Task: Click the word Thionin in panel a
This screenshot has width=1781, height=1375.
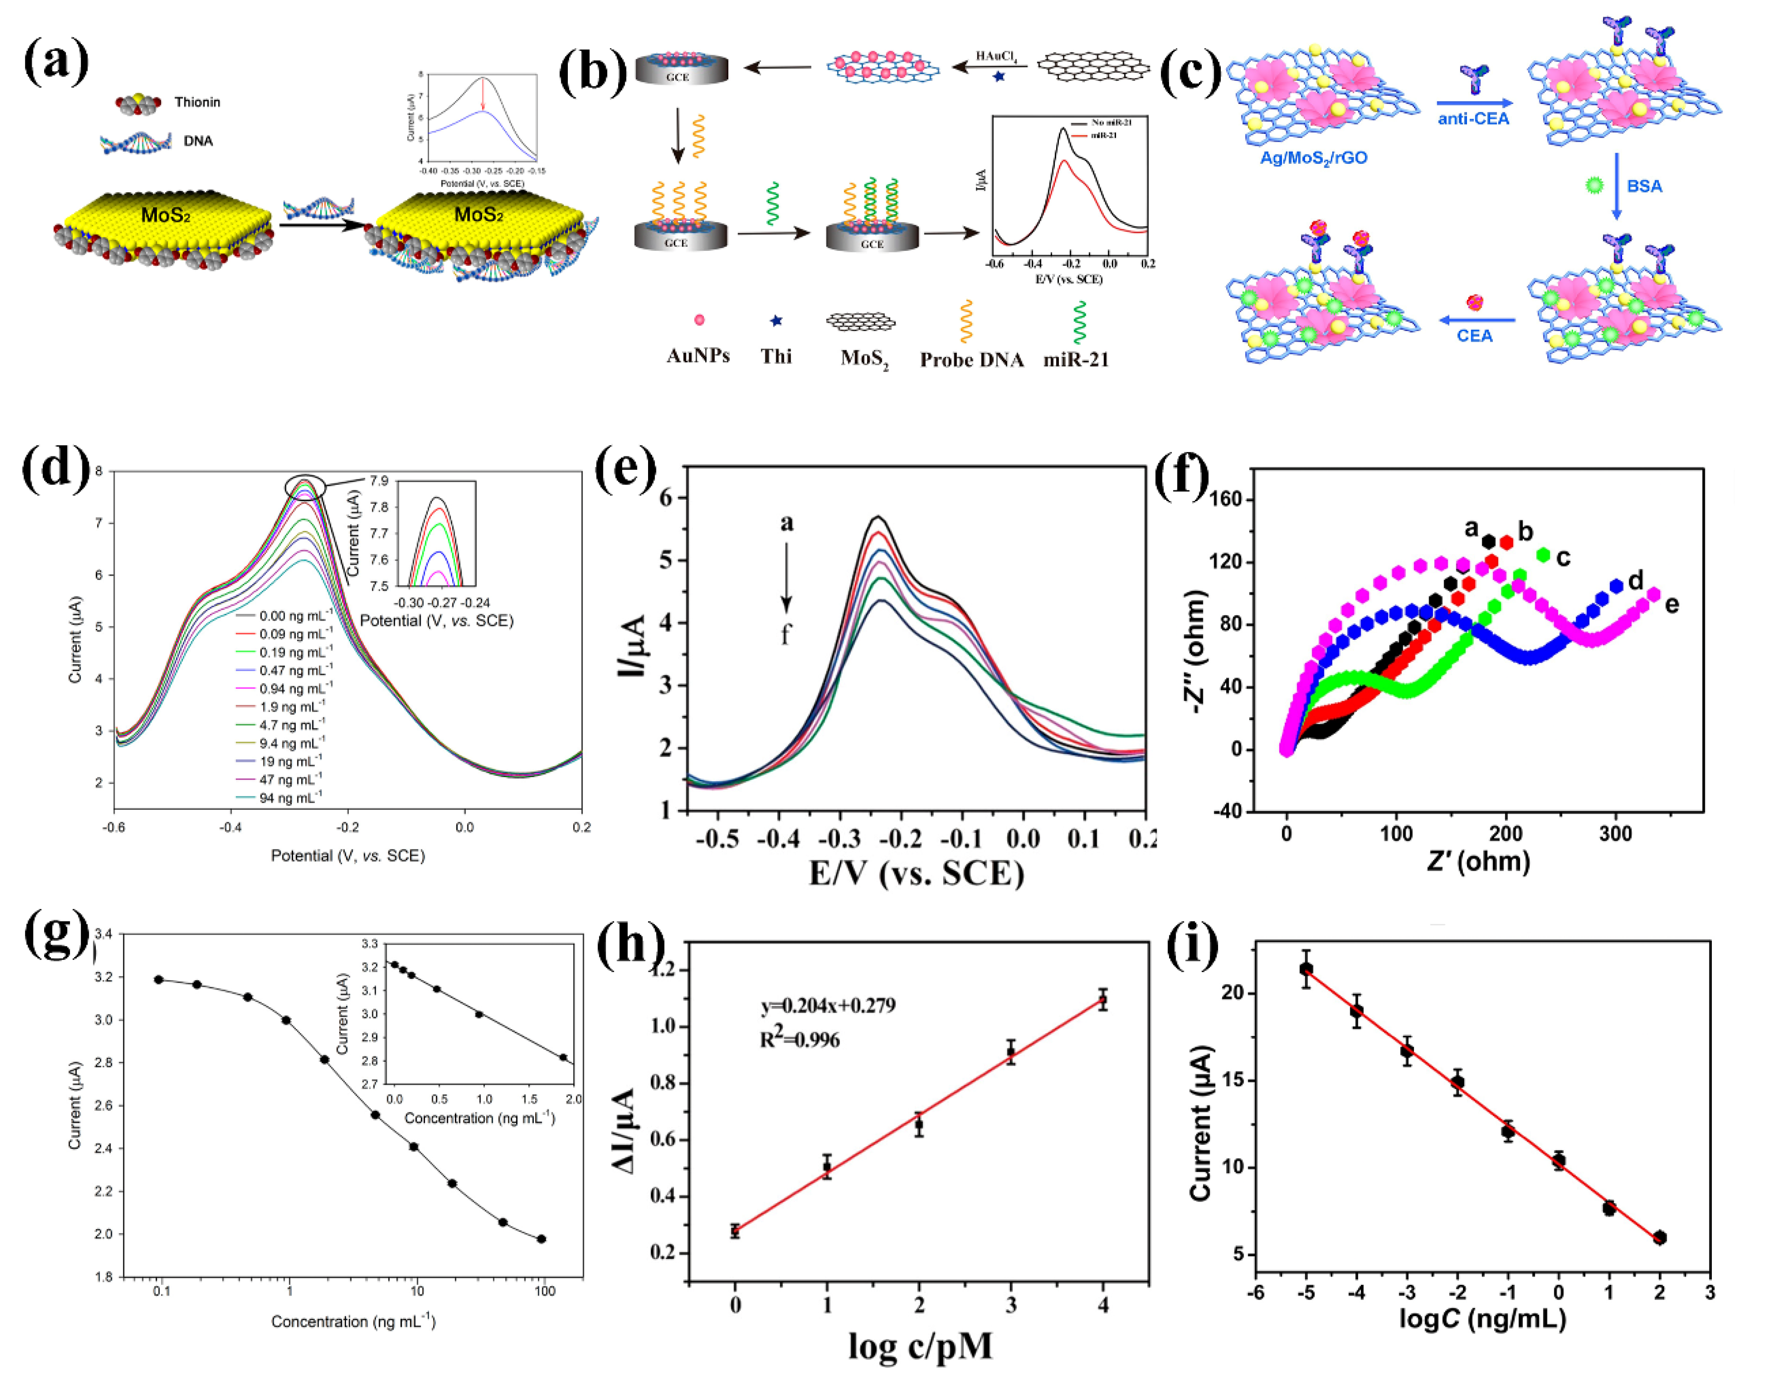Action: pyautogui.click(x=197, y=102)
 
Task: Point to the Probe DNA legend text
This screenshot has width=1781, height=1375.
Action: pyautogui.click(x=971, y=360)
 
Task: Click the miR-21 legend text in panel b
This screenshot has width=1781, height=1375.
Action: pyautogui.click(x=1076, y=360)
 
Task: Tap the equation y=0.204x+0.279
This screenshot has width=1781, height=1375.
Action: pyautogui.click(x=828, y=1006)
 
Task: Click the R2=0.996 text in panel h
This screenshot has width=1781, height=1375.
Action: pyautogui.click(x=799, y=1039)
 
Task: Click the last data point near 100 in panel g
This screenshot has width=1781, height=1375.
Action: pyautogui.click(x=541, y=1239)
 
